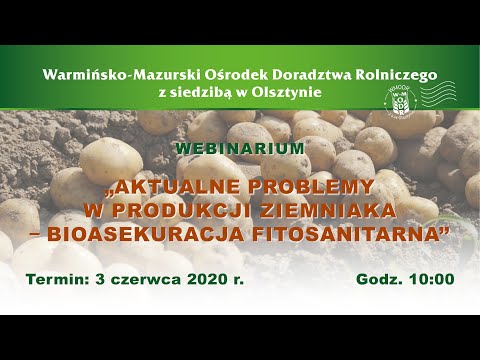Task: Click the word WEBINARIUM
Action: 240,147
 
